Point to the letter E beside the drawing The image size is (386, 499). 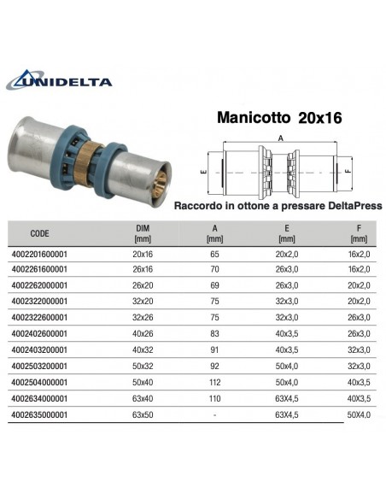(x=202, y=171)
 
